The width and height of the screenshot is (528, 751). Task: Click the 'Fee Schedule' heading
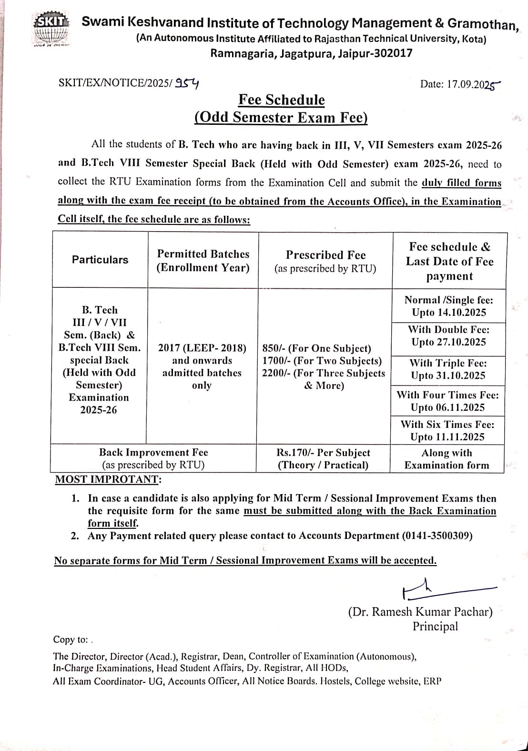[281, 100]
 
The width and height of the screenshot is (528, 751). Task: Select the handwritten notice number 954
[186, 83]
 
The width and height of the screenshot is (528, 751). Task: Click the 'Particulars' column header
[100, 260]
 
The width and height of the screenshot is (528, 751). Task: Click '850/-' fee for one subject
[274, 348]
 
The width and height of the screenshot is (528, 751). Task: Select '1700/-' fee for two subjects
[276, 361]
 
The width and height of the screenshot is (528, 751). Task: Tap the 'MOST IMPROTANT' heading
[108, 479]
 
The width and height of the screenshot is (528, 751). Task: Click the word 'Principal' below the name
[435, 627]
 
